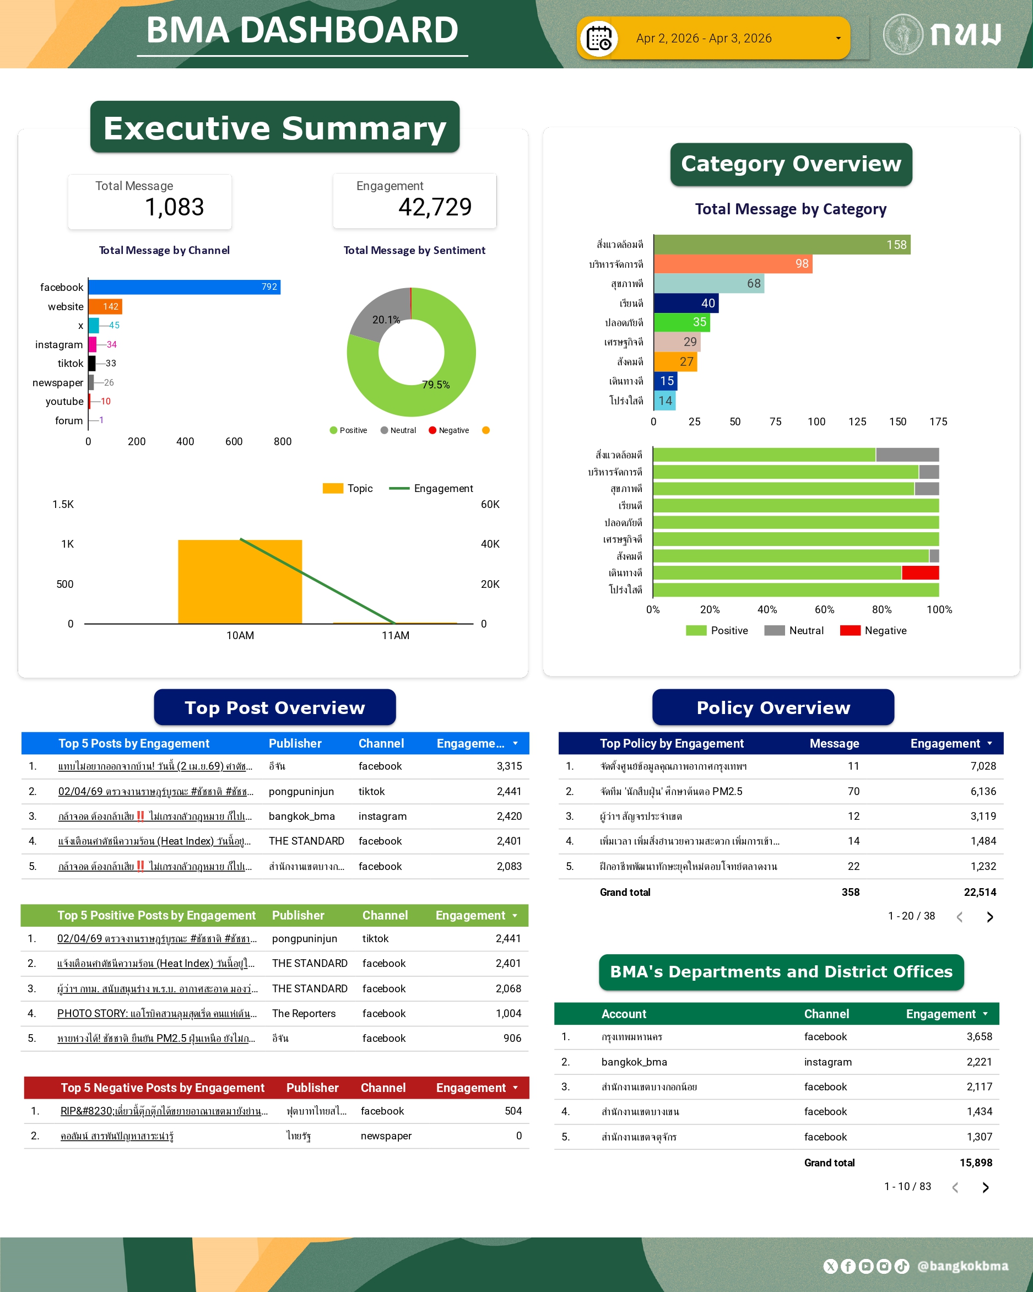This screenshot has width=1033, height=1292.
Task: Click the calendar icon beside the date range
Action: (598, 39)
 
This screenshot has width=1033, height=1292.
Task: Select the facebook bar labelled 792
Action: (184, 287)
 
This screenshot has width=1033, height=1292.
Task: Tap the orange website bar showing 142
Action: (105, 307)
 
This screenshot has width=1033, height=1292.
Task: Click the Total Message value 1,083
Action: (174, 207)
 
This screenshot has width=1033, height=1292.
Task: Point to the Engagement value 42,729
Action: (435, 207)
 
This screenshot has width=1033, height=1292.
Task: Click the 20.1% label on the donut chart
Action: (386, 320)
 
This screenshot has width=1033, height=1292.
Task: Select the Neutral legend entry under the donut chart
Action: (398, 430)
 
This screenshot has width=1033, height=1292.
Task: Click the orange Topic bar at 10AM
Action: (240, 581)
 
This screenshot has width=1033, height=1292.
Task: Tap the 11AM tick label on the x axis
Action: (396, 635)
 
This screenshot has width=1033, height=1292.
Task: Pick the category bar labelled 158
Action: (781, 245)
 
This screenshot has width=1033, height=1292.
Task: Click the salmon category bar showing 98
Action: (732, 264)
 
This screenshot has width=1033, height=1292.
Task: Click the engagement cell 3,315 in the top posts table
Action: (509, 766)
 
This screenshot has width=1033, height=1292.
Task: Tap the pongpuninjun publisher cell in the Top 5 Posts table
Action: (301, 792)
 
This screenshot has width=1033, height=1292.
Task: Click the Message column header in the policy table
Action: (834, 744)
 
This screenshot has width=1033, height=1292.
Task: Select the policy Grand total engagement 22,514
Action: (980, 893)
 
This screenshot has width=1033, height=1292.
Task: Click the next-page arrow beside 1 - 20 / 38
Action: (990, 917)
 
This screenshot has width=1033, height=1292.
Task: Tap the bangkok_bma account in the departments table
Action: (634, 1062)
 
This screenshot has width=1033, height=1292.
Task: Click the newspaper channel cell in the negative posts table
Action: (386, 1136)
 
